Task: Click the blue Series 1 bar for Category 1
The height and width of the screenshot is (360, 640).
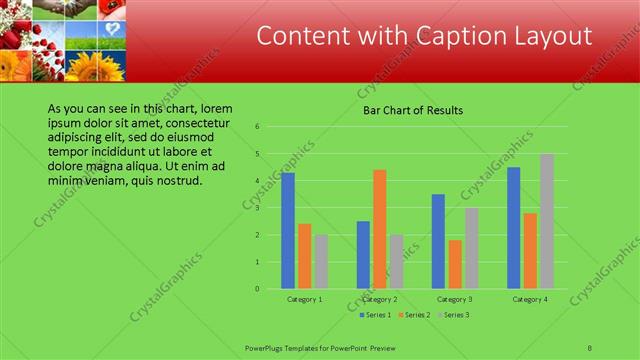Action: coord(288,231)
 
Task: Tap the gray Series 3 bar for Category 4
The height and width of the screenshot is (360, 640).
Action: coord(547,221)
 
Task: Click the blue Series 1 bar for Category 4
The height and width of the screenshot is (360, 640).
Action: coord(514,228)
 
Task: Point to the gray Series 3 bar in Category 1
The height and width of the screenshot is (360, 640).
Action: coord(321,261)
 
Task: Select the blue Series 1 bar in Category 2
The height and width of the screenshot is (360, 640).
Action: coord(363,255)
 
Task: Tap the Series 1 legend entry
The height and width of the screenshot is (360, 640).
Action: coord(376,315)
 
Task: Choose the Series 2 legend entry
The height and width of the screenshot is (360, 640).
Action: coord(415,315)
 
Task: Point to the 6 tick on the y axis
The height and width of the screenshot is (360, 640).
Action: coord(258,127)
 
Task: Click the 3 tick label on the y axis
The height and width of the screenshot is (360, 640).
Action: coord(258,208)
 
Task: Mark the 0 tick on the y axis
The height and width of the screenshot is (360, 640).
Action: coord(258,289)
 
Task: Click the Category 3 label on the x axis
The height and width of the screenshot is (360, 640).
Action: coord(455,299)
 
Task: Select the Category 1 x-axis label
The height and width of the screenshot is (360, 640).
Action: coord(304,299)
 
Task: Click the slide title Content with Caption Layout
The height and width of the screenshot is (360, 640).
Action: coord(424,36)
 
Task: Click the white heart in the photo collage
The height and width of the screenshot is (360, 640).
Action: coord(115,27)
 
